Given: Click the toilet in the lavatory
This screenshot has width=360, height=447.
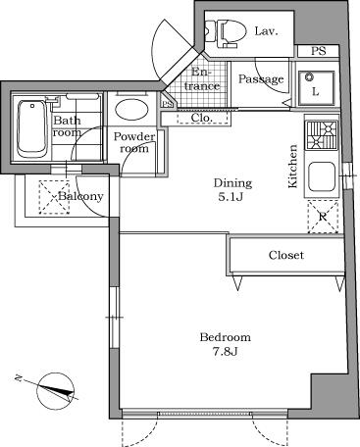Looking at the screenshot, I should (x=226, y=32).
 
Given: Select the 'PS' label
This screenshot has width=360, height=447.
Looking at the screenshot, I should (x=319, y=52).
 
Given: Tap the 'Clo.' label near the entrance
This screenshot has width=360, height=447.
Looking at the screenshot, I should (x=203, y=118).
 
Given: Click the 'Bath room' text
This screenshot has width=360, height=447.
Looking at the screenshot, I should (x=67, y=126).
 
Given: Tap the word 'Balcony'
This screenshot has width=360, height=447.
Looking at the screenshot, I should (x=80, y=196).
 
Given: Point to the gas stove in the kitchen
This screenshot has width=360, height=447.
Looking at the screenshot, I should (x=321, y=133).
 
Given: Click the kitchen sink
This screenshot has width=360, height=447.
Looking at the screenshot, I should (x=322, y=177).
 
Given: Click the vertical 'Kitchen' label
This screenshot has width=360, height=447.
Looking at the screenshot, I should (x=292, y=167).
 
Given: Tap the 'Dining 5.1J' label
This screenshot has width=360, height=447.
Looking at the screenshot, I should (x=232, y=189).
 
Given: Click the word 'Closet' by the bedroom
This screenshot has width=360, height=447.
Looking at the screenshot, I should (x=286, y=255).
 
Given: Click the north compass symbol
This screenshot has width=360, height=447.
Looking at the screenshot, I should (x=56, y=391).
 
